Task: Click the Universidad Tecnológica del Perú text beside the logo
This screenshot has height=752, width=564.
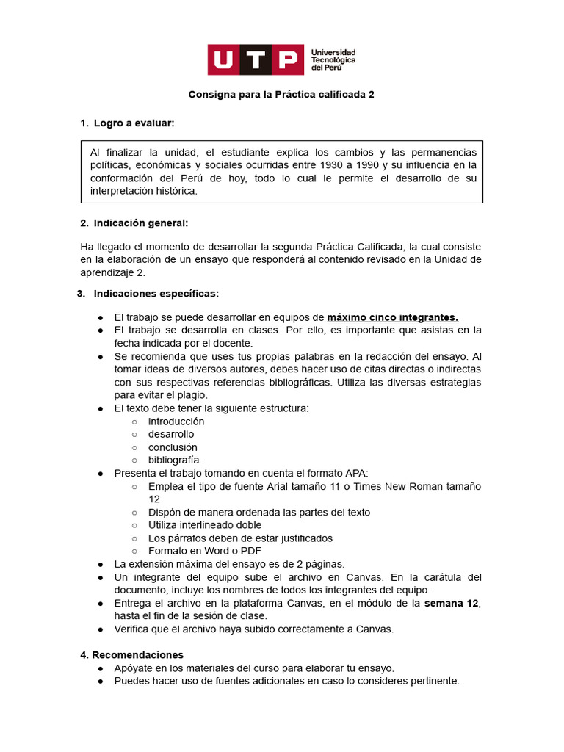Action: (333, 60)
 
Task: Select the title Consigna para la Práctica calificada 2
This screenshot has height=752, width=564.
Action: (281, 95)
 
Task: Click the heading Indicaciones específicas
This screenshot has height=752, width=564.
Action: (156, 294)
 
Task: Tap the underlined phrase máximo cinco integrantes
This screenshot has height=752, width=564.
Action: (392, 317)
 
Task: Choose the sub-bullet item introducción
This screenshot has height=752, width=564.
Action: (176, 422)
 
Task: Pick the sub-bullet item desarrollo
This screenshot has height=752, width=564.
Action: (171, 434)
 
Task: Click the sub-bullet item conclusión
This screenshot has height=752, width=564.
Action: (173, 447)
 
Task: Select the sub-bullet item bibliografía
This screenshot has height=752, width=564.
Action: (175, 460)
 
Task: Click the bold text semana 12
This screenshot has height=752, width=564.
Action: (452, 603)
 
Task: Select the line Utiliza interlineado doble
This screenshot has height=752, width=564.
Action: (205, 525)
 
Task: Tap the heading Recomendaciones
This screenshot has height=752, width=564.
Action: (137, 654)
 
